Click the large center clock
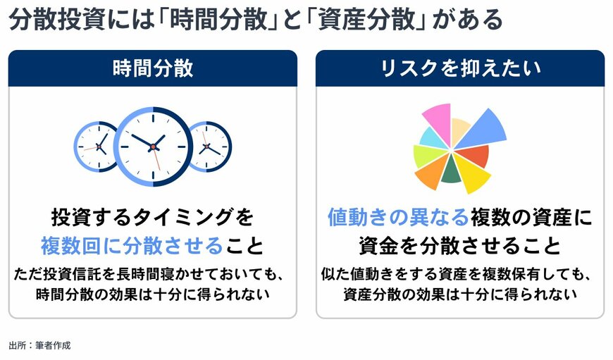153,146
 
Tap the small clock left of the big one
97,147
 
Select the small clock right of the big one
209,147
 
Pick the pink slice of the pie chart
438,120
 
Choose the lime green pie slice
427,155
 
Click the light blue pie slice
433,138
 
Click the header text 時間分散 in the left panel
152,68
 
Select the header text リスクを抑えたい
459,68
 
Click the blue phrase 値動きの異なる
398,216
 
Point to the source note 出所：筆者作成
39,345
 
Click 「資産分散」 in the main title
369,20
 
